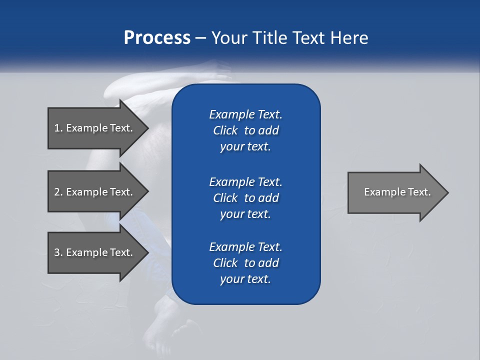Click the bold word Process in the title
click(x=157, y=38)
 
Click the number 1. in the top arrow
click(x=58, y=128)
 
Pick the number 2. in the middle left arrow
click(x=58, y=192)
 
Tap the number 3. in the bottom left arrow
click(x=58, y=252)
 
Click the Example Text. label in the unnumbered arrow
click(x=397, y=192)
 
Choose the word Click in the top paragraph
click(x=225, y=130)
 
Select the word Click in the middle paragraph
click(x=225, y=198)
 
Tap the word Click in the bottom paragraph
click(x=225, y=263)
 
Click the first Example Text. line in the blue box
click(x=245, y=114)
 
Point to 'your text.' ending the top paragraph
click(x=245, y=146)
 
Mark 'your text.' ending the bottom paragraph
click(x=245, y=279)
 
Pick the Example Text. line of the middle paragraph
click(x=245, y=182)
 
